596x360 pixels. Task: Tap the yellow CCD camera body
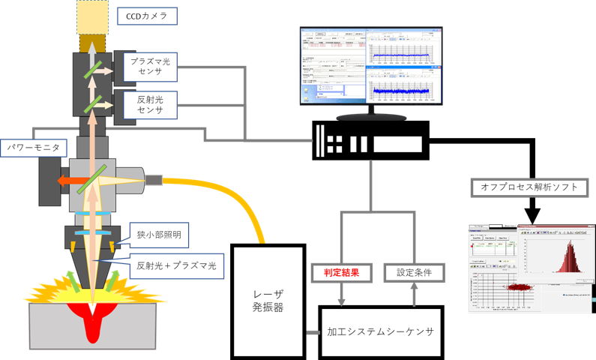(92, 16)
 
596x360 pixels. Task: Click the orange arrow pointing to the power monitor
(70, 180)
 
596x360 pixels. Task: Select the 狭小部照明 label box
(159, 235)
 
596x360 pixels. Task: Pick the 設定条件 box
(414, 271)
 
